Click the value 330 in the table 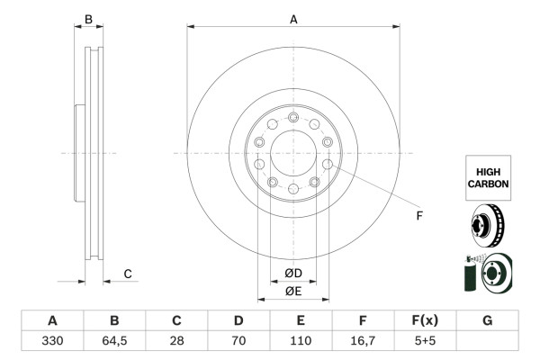tap(52, 341)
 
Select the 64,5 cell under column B tap(114, 341)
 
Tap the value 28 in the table tap(177, 341)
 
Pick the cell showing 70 tap(238, 341)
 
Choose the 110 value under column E tap(301, 341)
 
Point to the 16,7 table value tap(363, 341)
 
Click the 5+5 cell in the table tap(425, 341)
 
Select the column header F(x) tap(425, 321)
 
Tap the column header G tap(487, 321)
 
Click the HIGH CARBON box tap(488, 176)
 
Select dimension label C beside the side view tap(128, 274)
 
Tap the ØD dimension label tap(293, 274)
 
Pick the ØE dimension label tap(293, 291)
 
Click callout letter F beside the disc tap(418, 215)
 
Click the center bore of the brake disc tap(293, 152)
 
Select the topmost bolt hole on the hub tap(293, 114)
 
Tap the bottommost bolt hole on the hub tap(293, 190)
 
